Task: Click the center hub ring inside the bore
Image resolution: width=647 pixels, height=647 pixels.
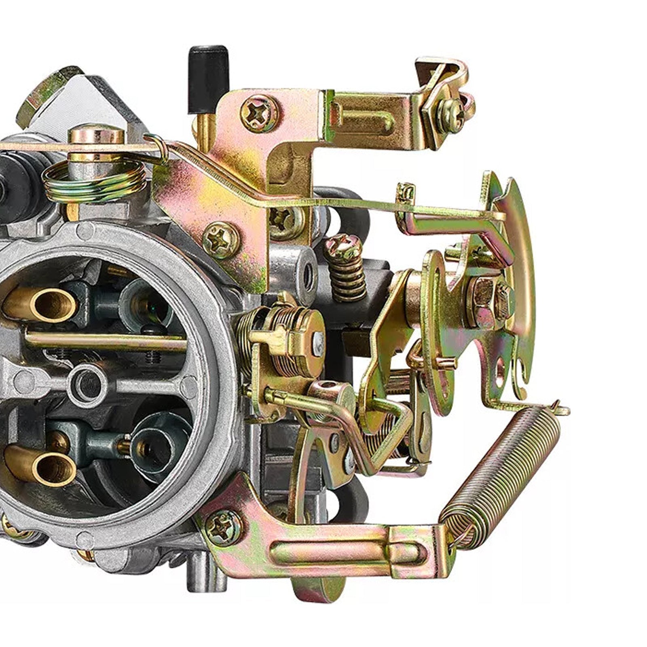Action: click(87, 384)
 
